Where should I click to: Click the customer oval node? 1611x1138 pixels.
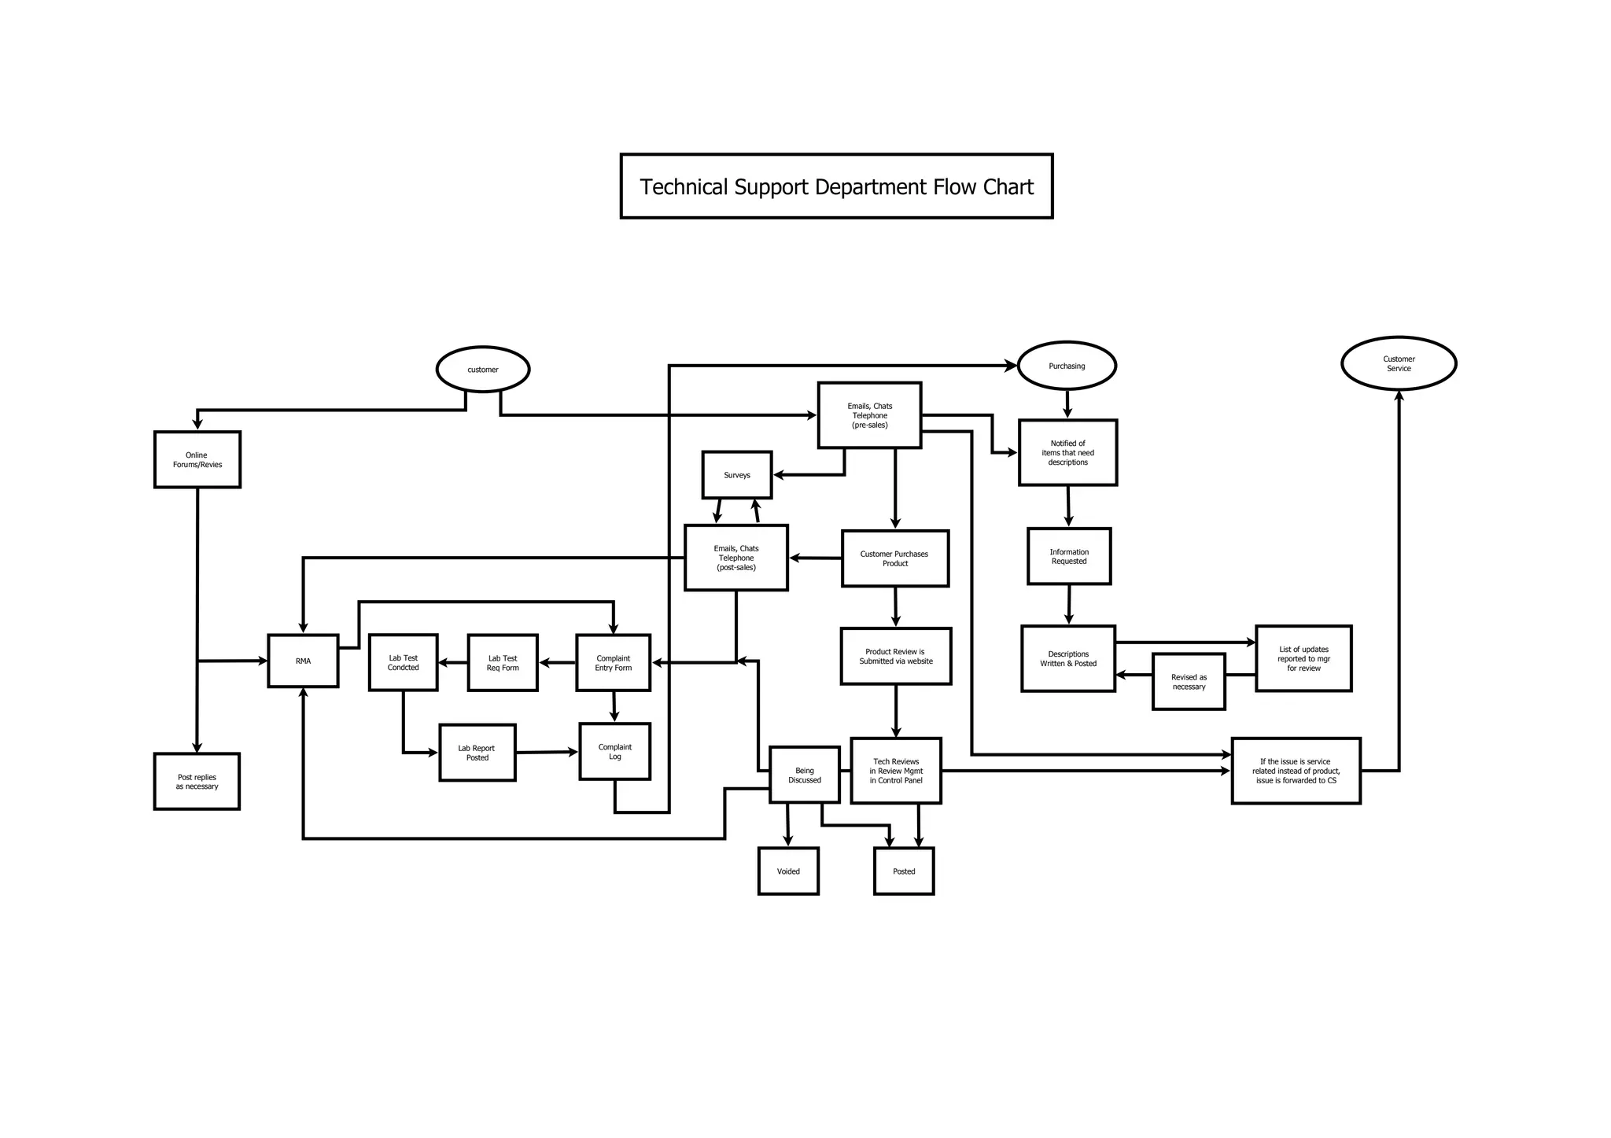pyautogui.click(x=482, y=369)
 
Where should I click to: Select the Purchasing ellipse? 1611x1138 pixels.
pyautogui.click(x=1067, y=366)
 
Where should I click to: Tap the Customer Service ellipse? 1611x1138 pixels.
pyautogui.click(x=1398, y=363)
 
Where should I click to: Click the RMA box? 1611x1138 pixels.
pyautogui.click(x=303, y=661)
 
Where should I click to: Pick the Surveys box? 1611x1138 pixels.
pyautogui.click(x=736, y=475)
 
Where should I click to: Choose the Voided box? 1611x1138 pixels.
pyautogui.click(x=787, y=871)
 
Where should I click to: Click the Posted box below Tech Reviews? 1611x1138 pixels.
pyautogui.click(x=903, y=871)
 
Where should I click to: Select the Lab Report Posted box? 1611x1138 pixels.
pyautogui.click(x=477, y=753)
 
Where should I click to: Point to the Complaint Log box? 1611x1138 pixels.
pyautogui.click(x=614, y=752)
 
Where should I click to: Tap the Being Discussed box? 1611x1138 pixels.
pyautogui.click(x=804, y=775)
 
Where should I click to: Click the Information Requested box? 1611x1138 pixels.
pyautogui.click(x=1068, y=557)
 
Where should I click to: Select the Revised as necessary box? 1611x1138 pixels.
pyautogui.click(x=1188, y=682)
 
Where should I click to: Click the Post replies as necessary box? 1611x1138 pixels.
pyautogui.click(x=197, y=782)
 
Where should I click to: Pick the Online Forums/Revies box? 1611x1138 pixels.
pyautogui.click(x=197, y=460)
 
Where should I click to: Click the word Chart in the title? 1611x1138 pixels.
pyautogui.click(x=1008, y=187)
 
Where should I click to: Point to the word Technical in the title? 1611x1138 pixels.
pyautogui.click(x=683, y=187)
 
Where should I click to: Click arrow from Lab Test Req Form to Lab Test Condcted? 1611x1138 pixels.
pyautogui.click(x=452, y=663)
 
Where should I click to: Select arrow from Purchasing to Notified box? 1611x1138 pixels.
pyautogui.click(x=1067, y=404)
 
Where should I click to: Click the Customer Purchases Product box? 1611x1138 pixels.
pyautogui.click(x=894, y=558)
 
